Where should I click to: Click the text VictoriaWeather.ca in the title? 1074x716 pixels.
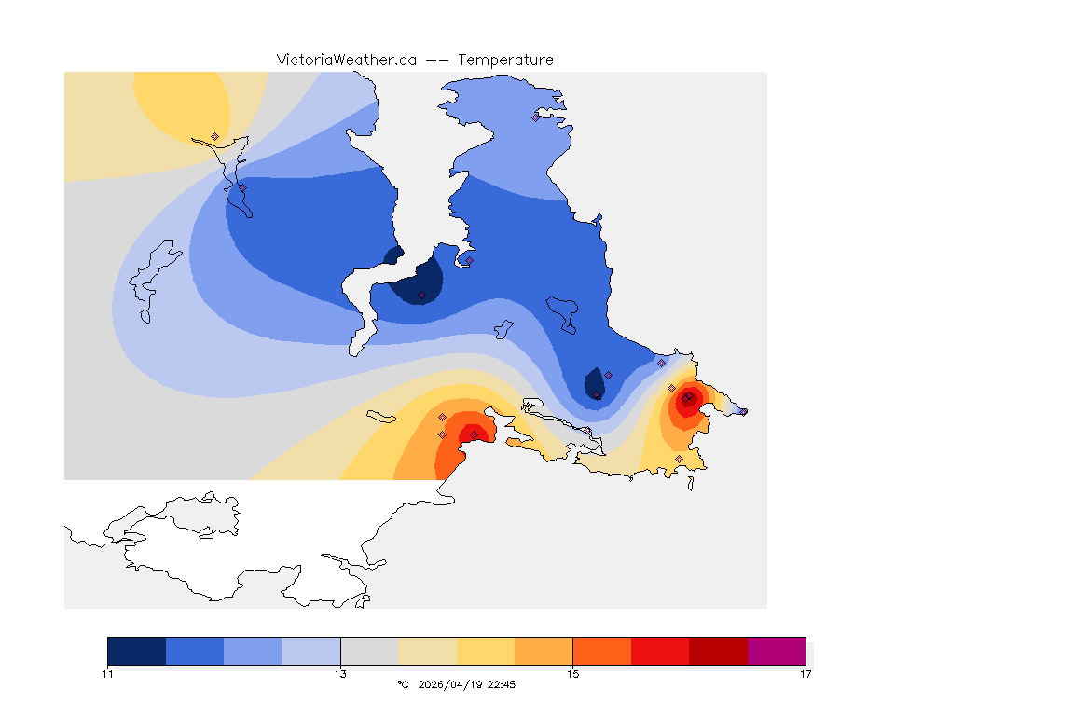tap(346, 60)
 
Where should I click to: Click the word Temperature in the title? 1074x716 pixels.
tap(505, 60)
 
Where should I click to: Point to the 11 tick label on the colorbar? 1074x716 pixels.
tap(108, 673)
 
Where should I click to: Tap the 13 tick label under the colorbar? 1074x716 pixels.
tap(340, 673)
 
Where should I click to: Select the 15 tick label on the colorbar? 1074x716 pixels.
tap(572, 673)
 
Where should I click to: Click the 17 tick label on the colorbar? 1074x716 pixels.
tap(805, 673)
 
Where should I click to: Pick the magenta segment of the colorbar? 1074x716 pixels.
tap(776, 651)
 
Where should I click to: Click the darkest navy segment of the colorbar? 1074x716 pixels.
tap(136, 651)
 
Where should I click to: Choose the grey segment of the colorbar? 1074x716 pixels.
tap(369, 651)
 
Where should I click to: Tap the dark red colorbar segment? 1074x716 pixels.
tap(718, 651)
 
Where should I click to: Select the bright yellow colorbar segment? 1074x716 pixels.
tap(486, 651)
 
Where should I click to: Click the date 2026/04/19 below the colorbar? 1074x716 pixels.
tap(458, 684)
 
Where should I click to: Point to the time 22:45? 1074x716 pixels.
tap(503, 684)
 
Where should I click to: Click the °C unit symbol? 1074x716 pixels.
tap(403, 684)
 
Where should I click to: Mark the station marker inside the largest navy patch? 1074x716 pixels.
tap(421, 296)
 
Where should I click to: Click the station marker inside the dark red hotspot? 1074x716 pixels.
tap(686, 399)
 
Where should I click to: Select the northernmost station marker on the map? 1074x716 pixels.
tap(535, 117)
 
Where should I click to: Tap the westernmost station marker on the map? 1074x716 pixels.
tap(214, 136)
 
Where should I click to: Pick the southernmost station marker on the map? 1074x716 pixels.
tap(679, 459)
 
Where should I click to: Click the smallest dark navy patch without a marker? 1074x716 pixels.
tap(393, 255)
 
